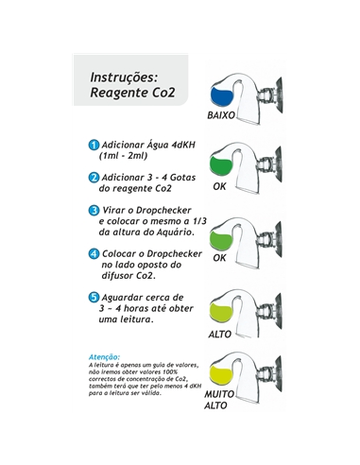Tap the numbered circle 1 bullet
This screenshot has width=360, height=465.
tap(94, 145)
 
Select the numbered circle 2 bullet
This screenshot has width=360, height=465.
tap(94, 177)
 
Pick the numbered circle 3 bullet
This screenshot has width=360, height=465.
tap(94, 209)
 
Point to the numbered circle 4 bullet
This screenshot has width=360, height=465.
tap(94, 253)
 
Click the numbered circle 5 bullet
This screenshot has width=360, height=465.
tap(94, 297)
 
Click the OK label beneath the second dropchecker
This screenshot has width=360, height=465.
tap(219, 186)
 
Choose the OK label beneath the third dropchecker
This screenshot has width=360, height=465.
tap(219, 257)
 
